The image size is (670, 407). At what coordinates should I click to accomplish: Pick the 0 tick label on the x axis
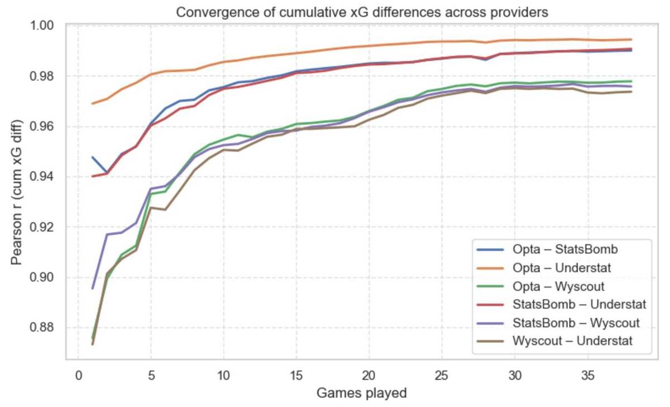78,373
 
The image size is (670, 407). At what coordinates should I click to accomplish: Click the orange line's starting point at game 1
93,103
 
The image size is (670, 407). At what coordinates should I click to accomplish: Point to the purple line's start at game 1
93,288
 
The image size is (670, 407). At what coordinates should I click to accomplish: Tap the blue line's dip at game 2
107,173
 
